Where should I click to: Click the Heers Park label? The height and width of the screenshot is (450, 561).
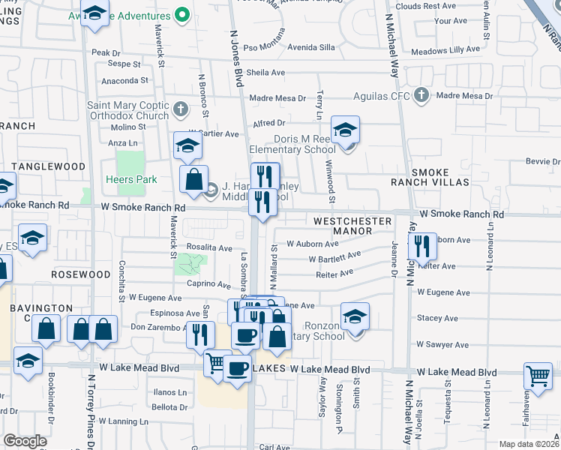click(x=131, y=179)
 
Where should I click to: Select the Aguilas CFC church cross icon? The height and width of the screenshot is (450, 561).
click(x=421, y=95)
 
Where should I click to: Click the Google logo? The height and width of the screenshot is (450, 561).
click(x=25, y=441)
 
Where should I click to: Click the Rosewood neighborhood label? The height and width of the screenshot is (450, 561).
click(x=80, y=274)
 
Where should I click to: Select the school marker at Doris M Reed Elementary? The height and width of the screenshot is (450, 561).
click(x=345, y=131)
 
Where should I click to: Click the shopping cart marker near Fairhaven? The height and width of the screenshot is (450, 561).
click(x=538, y=377)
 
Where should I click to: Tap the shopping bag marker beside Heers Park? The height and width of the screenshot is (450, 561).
click(x=193, y=181)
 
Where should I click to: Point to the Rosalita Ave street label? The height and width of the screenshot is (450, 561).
click(x=210, y=248)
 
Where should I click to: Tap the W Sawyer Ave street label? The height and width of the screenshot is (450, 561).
click(x=442, y=344)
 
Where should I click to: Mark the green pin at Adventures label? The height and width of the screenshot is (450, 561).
click(x=181, y=14)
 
